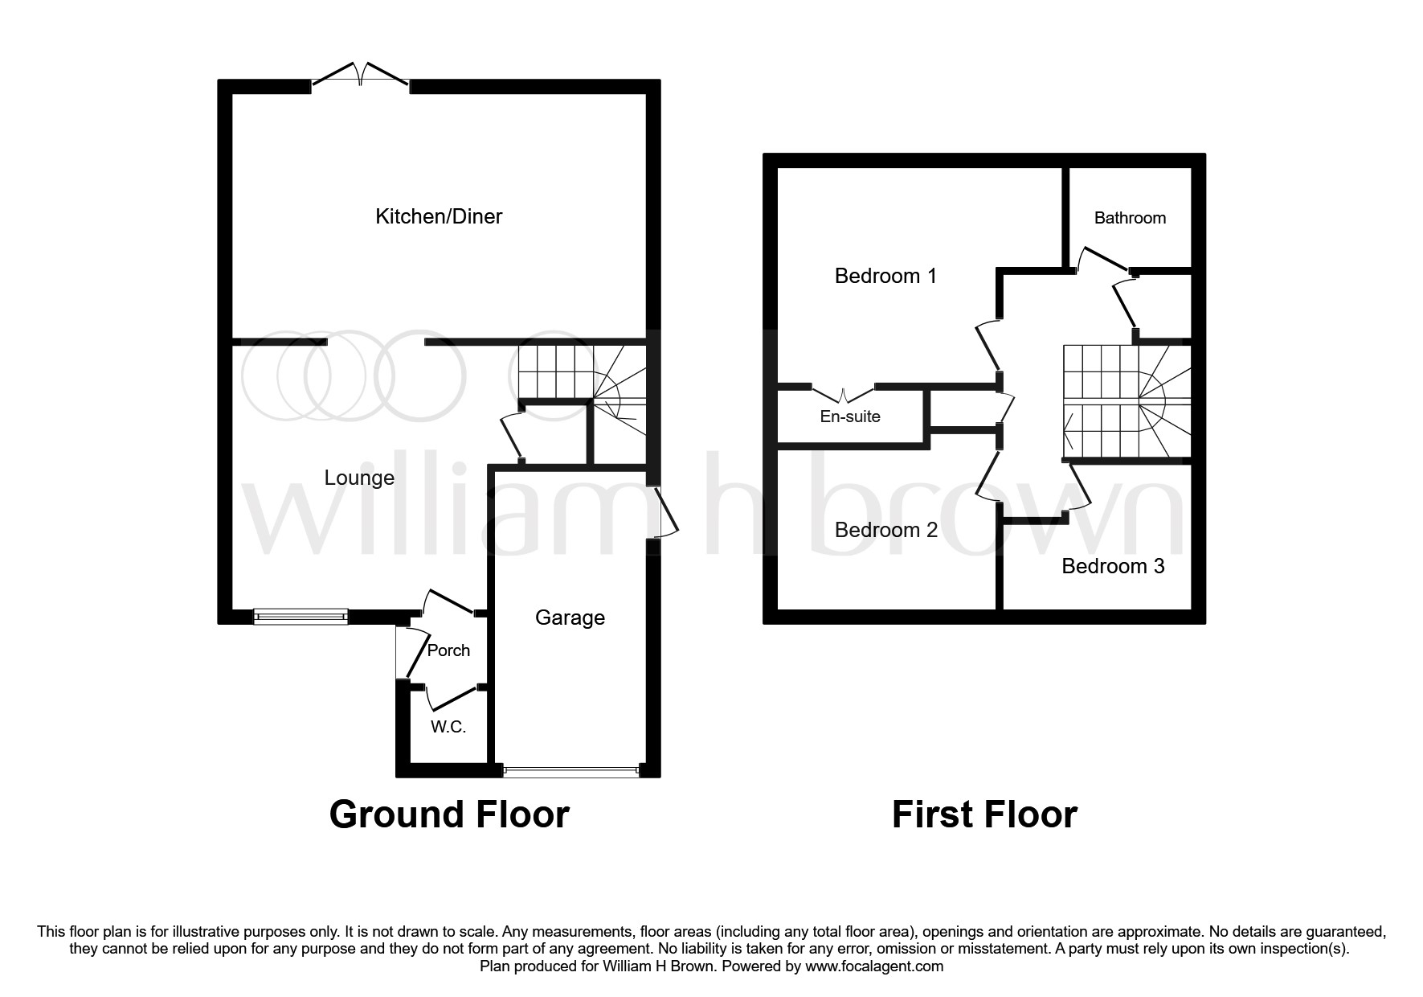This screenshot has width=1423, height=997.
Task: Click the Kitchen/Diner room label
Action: click(x=439, y=216)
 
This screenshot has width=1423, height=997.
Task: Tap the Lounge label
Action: click(x=359, y=478)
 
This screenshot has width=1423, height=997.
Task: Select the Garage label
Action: click(x=570, y=617)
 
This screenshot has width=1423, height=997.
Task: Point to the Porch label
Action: click(x=448, y=650)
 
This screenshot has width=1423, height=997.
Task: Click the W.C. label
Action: click(x=448, y=727)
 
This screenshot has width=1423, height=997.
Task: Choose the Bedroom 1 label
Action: click(x=885, y=276)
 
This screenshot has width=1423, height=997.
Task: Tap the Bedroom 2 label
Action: click(x=885, y=530)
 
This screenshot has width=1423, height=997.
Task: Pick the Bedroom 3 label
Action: click(x=1113, y=566)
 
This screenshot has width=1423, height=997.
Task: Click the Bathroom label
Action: click(x=1130, y=218)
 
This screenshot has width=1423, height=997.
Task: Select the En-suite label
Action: click(x=849, y=416)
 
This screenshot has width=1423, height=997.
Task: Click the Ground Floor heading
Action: click(x=449, y=814)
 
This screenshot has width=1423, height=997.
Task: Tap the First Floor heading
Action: click(x=984, y=814)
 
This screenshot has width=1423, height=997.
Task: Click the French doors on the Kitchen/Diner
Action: click(x=361, y=76)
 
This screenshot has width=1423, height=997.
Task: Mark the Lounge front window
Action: click(x=301, y=617)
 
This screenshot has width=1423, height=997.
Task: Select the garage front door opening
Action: click(x=570, y=771)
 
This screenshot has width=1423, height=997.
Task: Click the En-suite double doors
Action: click(x=843, y=395)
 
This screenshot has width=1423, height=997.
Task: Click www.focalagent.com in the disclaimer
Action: click(x=873, y=966)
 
